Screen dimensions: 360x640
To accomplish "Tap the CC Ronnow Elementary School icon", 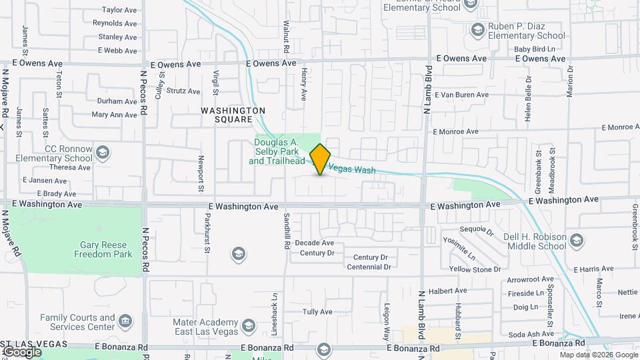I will [x=103, y=153].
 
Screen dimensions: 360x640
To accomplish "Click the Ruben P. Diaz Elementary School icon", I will [x=477, y=29].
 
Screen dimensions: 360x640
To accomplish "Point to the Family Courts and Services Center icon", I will [x=125, y=323].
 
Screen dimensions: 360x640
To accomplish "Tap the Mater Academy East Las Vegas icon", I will [x=249, y=326].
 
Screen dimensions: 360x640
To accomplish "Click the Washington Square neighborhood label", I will [x=234, y=115].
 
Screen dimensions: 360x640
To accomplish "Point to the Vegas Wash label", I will [x=353, y=170].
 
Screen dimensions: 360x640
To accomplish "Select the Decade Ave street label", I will [x=315, y=243].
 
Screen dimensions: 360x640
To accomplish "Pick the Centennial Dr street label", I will [x=369, y=267].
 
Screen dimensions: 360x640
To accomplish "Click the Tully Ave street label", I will [x=317, y=312].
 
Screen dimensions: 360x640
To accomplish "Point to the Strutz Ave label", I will [x=183, y=91].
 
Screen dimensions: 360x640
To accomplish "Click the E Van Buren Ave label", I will [x=462, y=95].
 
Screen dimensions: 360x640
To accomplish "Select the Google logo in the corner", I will [x=22, y=351].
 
